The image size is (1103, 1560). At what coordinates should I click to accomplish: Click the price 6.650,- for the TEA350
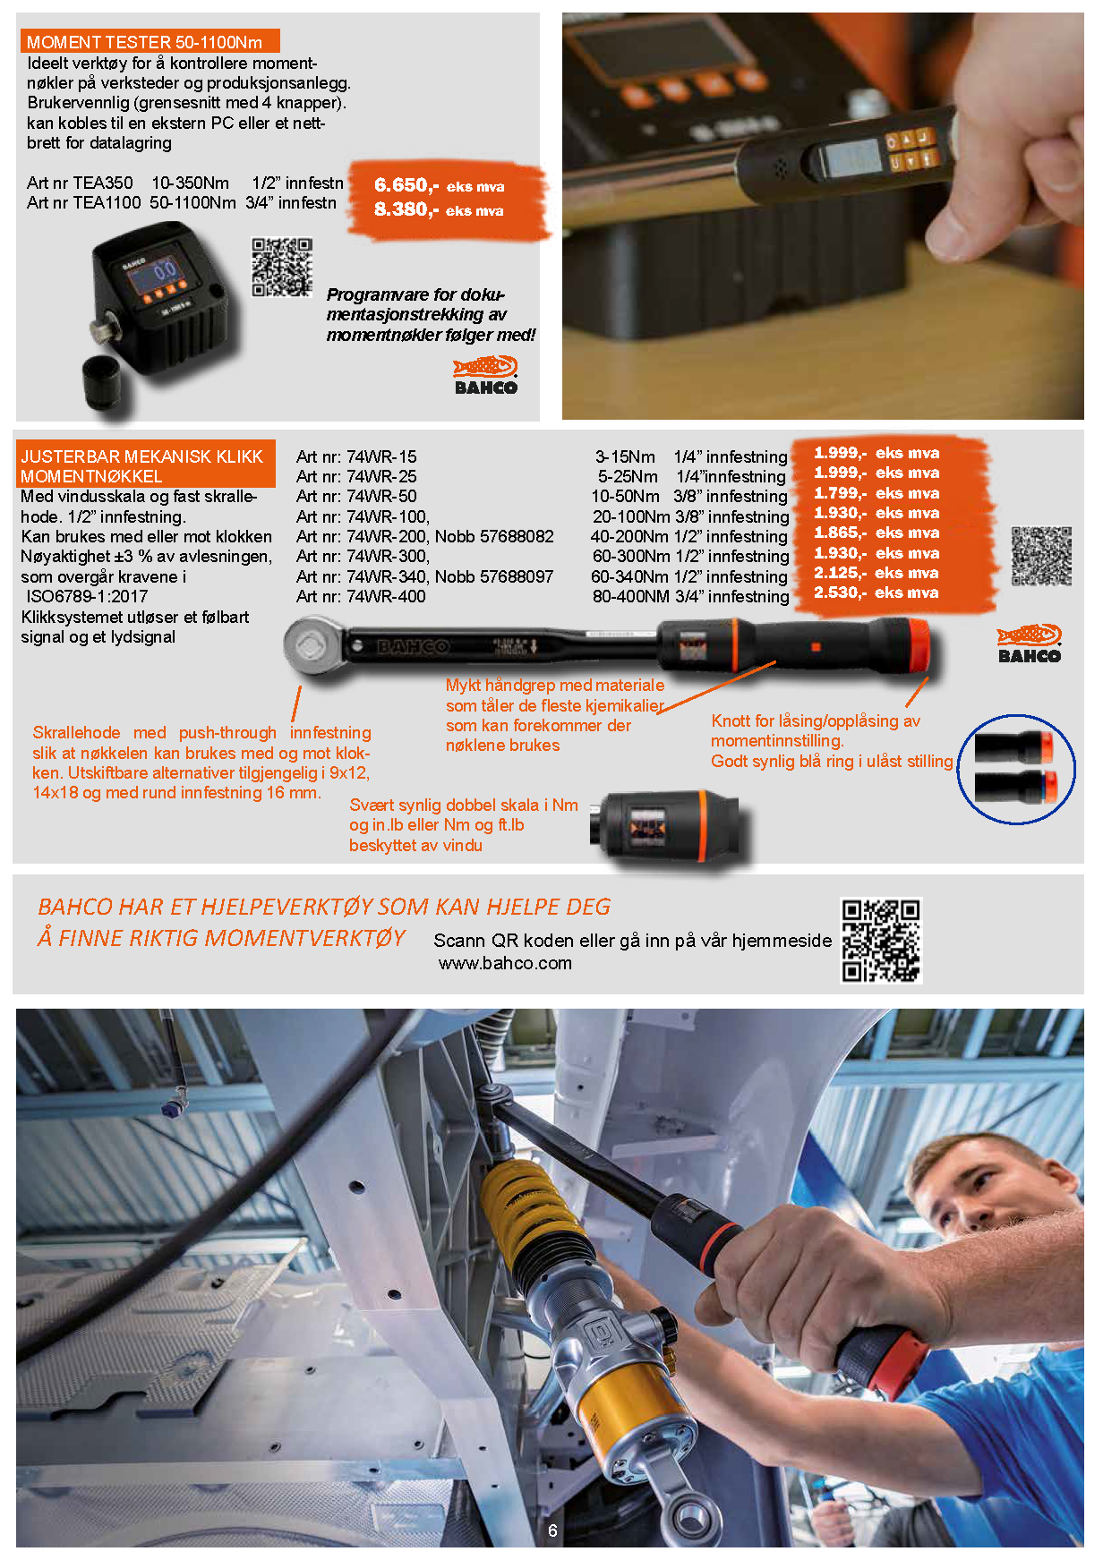(x=406, y=185)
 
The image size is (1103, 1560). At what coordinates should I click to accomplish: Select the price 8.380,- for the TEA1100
(x=406, y=209)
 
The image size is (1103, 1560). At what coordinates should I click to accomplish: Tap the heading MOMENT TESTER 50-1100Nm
(x=144, y=42)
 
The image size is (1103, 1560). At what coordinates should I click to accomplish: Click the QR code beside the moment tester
(x=282, y=267)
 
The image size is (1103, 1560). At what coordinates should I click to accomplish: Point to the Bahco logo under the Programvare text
(x=486, y=375)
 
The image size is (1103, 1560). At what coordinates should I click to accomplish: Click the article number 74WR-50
(x=381, y=497)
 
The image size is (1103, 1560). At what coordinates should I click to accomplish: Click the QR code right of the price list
(x=1041, y=556)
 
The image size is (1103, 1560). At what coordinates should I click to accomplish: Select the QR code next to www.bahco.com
(x=881, y=942)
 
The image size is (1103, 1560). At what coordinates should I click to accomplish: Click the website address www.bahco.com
(x=505, y=964)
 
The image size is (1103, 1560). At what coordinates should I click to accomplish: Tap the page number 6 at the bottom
(x=552, y=1530)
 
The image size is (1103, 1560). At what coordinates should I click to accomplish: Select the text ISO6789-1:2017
(x=87, y=597)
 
